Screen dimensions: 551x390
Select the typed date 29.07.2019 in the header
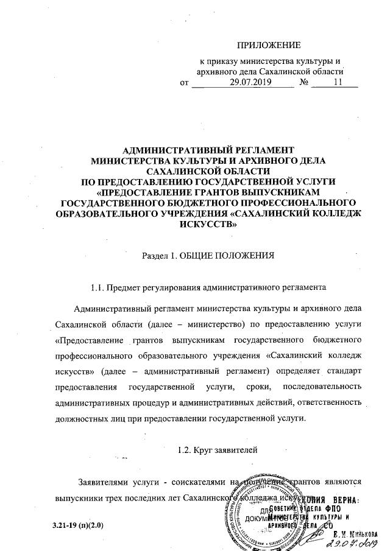[241, 82]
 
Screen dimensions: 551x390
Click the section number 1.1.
[97, 287]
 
